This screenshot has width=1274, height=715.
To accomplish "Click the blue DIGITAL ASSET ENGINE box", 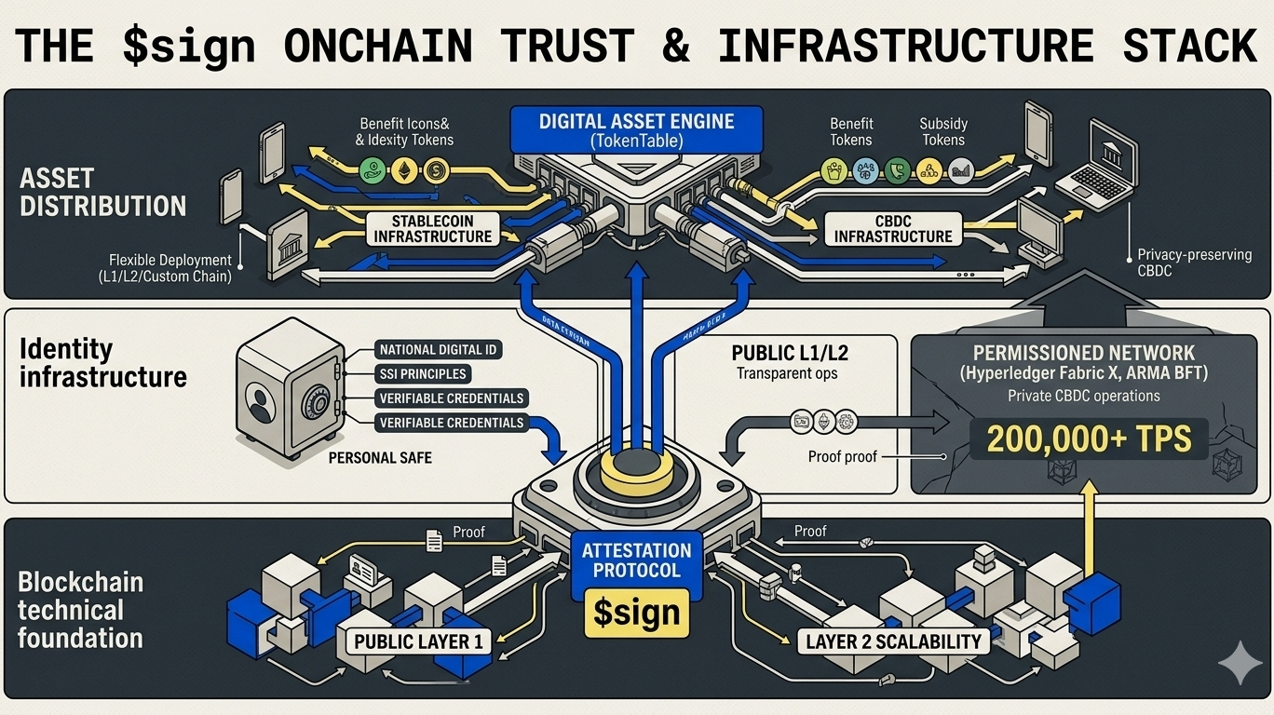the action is (637, 130).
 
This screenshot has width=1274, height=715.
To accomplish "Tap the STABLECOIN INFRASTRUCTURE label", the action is (432, 229).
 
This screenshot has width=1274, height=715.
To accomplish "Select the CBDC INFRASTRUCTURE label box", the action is (892, 229).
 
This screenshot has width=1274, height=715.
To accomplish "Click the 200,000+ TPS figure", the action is (1089, 438).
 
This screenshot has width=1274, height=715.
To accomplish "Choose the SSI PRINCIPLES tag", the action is (423, 374).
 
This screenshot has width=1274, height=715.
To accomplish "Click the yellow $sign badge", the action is (636, 613).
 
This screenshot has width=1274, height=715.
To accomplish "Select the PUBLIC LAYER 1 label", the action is (419, 641).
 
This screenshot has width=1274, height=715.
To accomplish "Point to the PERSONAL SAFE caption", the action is (380, 458).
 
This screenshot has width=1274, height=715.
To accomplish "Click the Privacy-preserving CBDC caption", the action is (1194, 263).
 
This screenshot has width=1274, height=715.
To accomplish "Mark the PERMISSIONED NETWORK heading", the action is (1083, 354).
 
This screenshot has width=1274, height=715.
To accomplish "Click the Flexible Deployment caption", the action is (169, 268).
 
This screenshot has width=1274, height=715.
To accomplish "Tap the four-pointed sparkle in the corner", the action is (1240, 662).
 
